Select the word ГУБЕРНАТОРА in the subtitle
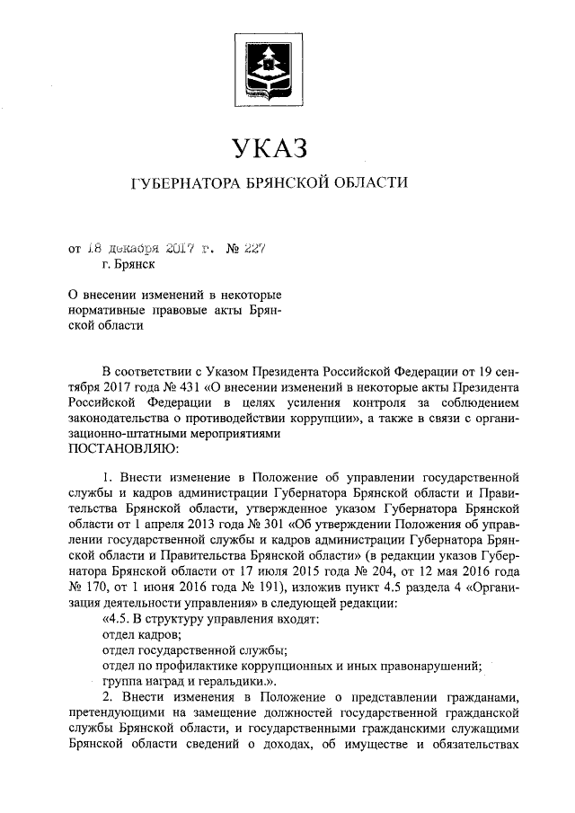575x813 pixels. tap(186, 184)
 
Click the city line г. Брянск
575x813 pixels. tap(128, 264)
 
